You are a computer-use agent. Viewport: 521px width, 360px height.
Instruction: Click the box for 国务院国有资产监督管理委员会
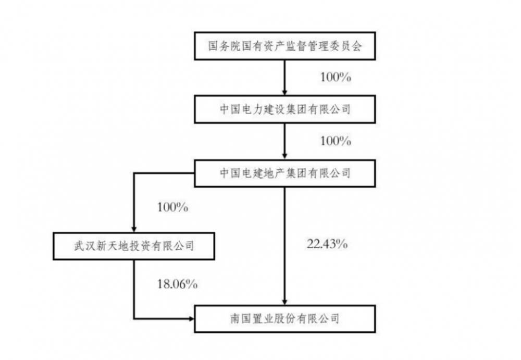point(285,46)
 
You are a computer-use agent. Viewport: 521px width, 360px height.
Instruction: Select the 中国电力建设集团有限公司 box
point(285,109)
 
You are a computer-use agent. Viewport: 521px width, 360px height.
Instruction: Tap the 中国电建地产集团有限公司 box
point(285,173)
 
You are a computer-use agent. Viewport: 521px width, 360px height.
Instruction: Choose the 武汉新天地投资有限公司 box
point(134,246)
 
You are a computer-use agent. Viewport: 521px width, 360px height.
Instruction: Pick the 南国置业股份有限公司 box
point(285,319)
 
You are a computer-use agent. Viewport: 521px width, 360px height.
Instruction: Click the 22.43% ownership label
point(327,244)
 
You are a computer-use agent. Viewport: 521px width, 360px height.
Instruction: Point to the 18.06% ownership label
point(177,284)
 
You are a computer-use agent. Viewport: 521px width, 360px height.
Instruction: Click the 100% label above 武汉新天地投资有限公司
point(172,207)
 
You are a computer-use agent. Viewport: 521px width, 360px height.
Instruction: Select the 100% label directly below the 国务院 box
point(336,77)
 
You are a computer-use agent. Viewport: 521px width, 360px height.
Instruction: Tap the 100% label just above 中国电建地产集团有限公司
point(336,141)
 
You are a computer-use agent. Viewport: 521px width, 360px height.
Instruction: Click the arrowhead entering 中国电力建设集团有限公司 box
point(284,92)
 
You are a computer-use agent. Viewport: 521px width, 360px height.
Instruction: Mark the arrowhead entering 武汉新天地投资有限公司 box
point(134,229)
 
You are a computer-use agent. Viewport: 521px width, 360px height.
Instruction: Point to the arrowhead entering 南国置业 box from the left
point(191,319)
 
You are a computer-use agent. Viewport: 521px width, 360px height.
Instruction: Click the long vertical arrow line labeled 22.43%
point(284,246)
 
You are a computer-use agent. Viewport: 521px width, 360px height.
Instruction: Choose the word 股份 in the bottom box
point(285,319)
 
